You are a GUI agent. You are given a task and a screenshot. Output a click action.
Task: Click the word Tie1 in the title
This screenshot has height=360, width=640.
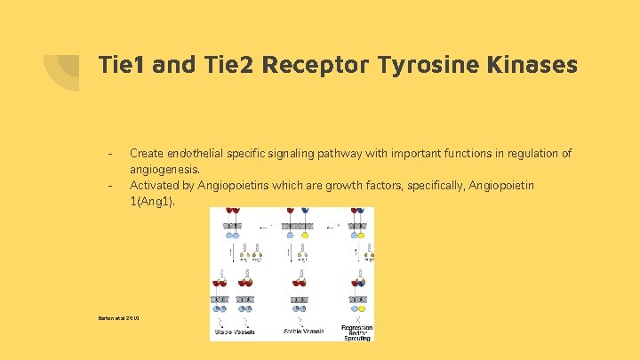pos(122,65)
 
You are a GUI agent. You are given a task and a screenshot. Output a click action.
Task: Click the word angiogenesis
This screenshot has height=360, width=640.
pos(164,169)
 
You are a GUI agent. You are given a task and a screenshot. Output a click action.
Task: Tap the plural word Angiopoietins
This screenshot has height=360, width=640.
pos(238,185)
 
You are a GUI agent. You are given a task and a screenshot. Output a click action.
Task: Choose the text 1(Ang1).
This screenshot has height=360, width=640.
pos(153,201)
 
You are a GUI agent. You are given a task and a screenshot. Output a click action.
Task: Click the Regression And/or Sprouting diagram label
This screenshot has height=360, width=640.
pos(356,332)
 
